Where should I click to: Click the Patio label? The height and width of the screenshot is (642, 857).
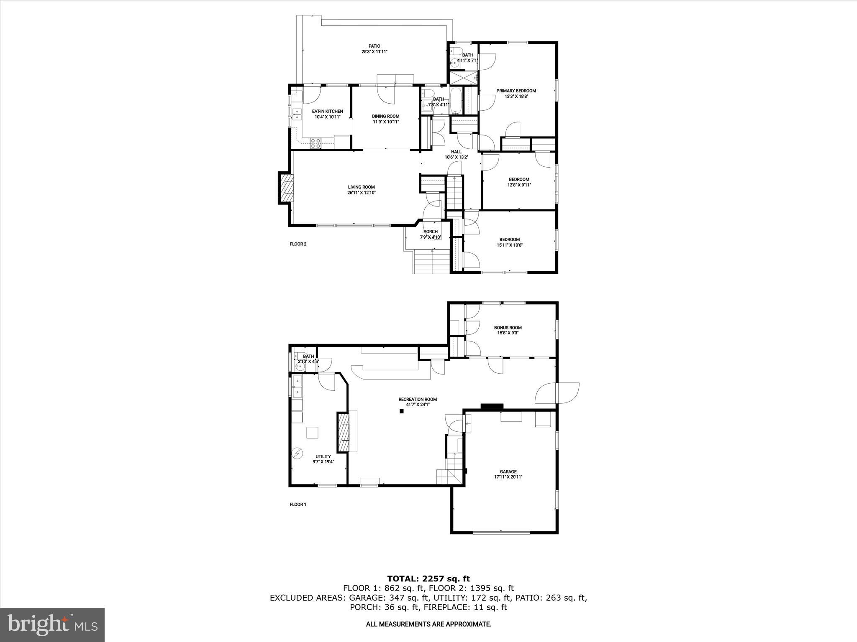[374, 46]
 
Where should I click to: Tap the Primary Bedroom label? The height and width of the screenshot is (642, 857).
[516, 91]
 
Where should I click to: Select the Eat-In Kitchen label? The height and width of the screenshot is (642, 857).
[327, 111]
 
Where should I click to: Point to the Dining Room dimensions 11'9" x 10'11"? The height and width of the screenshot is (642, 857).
[385, 122]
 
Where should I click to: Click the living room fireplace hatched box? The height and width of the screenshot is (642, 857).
[287, 188]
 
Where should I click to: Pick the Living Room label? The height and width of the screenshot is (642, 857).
[361, 187]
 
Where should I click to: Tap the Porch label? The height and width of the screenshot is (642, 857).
[430, 232]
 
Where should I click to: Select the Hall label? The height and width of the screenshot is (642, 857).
[456, 152]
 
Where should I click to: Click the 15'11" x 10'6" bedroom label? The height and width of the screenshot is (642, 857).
[509, 239]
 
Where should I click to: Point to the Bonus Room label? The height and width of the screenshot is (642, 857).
[508, 328]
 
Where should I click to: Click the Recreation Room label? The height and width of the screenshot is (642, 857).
[417, 399]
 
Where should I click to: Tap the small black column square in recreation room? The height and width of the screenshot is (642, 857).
[401, 411]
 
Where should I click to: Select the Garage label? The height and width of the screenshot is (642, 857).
[508, 471]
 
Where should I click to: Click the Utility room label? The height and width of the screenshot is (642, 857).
[323, 456]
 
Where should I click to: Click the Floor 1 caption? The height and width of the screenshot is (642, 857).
[298, 504]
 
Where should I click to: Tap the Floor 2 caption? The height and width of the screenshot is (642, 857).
[298, 244]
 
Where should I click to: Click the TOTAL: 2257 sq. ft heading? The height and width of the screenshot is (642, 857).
[428, 579]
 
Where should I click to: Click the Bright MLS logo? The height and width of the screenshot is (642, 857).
[52, 625]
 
